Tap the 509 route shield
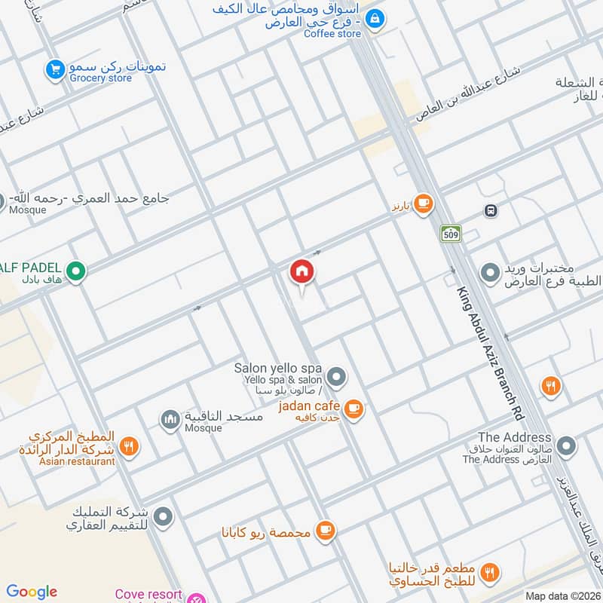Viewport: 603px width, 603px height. (x=451, y=234)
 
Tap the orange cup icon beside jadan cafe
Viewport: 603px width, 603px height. (x=354, y=409)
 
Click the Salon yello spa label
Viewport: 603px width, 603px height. (x=277, y=368)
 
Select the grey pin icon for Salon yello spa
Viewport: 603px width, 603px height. (x=337, y=375)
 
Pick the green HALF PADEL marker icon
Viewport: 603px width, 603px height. (x=75, y=270)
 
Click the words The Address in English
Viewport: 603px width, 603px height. (x=515, y=437)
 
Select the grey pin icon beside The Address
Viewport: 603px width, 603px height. (x=566, y=446)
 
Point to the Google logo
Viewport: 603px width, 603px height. (x=32, y=592)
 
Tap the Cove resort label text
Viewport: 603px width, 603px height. (x=148, y=594)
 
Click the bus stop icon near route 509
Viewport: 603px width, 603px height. (x=491, y=211)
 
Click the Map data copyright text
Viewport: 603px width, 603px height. (x=562, y=595)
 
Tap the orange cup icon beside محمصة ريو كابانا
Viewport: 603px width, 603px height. (x=325, y=531)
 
